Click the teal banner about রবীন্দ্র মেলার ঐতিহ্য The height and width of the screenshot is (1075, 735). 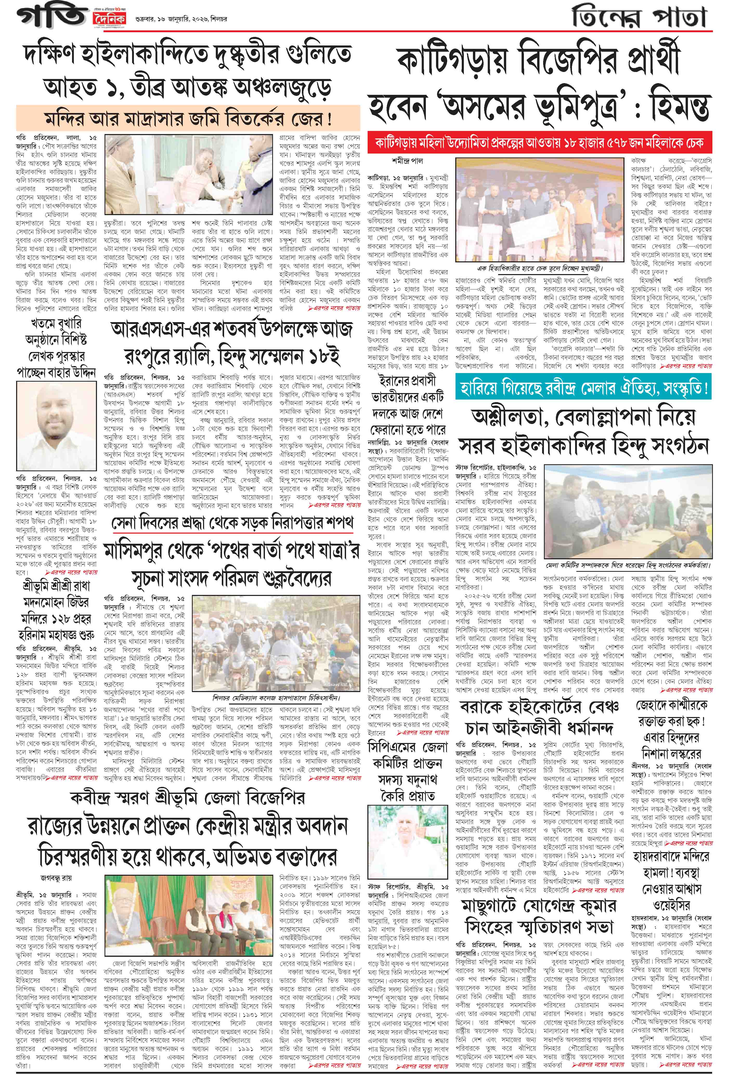(x=583, y=387)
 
